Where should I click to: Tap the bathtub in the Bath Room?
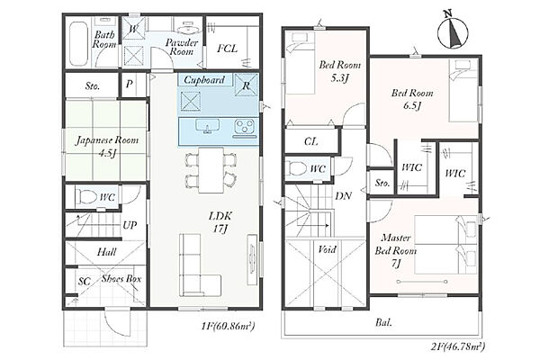(78, 44)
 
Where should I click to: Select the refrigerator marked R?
(246, 85)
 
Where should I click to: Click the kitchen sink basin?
(208, 126)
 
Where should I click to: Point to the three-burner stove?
(245, 127)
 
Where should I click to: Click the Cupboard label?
(204, 80)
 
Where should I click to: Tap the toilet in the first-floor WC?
(86, 197)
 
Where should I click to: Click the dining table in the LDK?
(211, 170)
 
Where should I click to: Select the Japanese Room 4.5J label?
(107, 146)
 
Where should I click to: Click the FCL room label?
(228, 49)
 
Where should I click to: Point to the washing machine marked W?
(133, 29)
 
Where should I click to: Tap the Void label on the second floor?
(327, 249)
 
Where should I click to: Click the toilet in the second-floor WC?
(297, 169)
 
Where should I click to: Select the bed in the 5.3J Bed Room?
(301, 62)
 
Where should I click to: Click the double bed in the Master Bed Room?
(446, 245)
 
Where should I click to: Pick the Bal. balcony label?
(383, 323)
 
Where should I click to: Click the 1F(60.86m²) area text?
(228, 326)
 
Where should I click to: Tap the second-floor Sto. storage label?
(382, 183)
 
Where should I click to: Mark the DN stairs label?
(344, 196)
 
